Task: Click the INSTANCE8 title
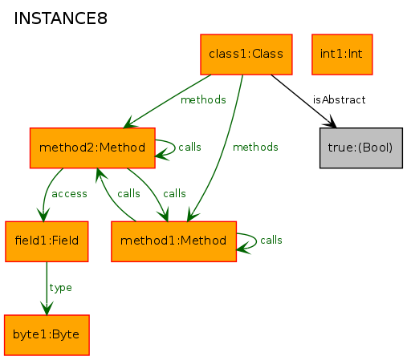click(60, 18)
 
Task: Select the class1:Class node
click(246, 55)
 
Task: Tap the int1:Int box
click(342, 55)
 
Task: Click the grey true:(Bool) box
click(361, 148)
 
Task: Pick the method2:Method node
click(92, 148)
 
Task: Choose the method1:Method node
click(173, 241)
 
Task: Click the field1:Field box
click(47, 241)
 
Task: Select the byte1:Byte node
click(47, 335)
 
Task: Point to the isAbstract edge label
click(339, 99)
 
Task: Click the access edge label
click(69, 194)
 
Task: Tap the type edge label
click(61, 288)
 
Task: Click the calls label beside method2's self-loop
click(189, 147)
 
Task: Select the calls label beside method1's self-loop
click(271, 240)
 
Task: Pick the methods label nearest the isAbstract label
click(203, 99)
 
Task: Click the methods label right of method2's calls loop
click(255, 147)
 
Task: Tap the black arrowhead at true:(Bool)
click(331, 122)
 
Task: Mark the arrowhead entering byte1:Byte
click(47, 309)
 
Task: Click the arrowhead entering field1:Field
click(43, 215)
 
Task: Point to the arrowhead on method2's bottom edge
click(100, 174)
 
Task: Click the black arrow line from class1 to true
click(303, 101)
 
